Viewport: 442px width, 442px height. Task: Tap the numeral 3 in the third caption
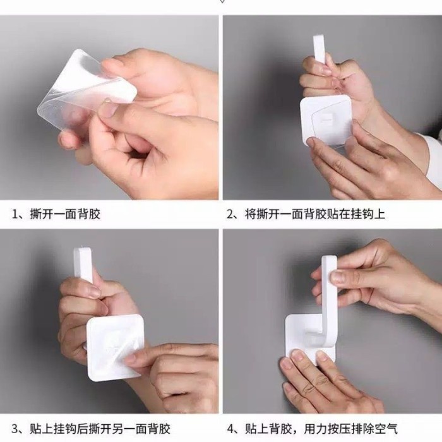15,429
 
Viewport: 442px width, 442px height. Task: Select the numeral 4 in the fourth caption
231,429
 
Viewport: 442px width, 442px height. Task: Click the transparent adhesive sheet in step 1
81,93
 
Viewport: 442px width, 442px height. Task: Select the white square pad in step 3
115,347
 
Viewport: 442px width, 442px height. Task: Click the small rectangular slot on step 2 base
328,117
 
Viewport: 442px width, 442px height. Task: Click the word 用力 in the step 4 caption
316,429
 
